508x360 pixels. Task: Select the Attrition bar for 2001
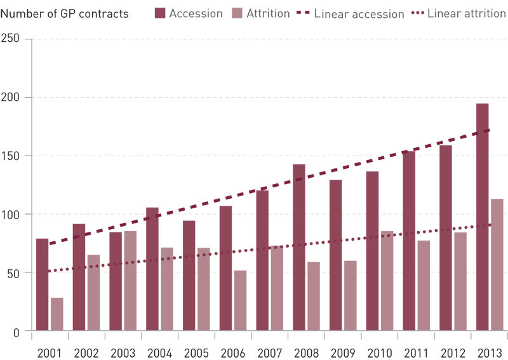point(57,314)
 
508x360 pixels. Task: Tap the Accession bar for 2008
point(299,248)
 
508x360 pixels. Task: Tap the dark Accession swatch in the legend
point(159,13)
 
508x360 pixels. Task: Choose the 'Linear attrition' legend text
point(467,13)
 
